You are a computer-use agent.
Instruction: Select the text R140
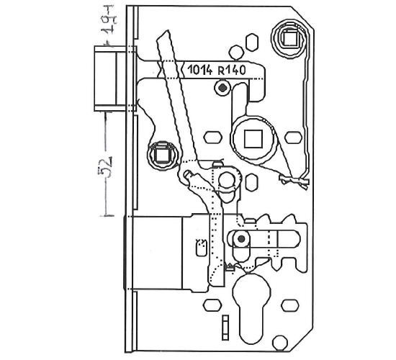click(x=232, y=70)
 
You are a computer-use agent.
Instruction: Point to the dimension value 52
click(x=105, y=167)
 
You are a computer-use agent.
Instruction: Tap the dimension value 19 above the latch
click(x=109, y=20)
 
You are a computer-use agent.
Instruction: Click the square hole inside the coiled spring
click(x=290, y=39)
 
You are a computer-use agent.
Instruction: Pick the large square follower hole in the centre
click(x=253, y=139)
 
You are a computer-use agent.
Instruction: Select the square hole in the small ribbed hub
click(x=162, y=156)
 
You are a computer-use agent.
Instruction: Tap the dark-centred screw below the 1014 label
click(x=222, y=88)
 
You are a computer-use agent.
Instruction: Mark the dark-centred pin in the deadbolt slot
click(x=241, y=239)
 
